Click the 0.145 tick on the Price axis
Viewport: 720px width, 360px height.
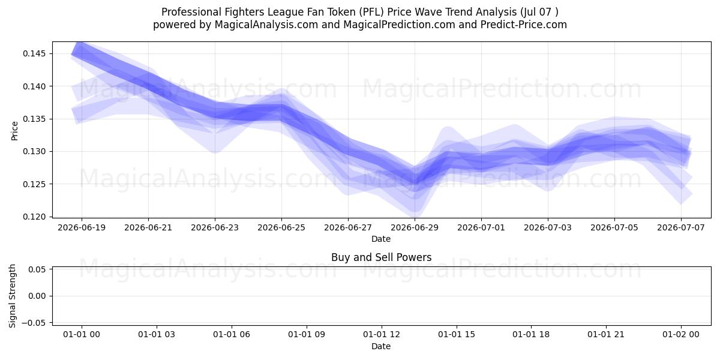pyautogui.click(x=35, y=53)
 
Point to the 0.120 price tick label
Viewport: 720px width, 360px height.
pyautogui.click(x=35, y=217)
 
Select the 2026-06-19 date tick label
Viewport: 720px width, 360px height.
pyautogui.click(x=82, y=228)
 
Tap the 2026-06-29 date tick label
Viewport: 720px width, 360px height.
pyautogui.click(x=415, y=228)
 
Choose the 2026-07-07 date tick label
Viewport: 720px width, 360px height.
pyautogui.click(x=681, y=228)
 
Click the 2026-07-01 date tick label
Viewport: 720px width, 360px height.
pyautogui.click(x=481, y=228)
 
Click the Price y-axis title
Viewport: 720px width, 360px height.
pyautogui.click(x=14, y=131)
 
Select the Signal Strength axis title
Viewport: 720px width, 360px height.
pyautogui.click(x=12, y=296)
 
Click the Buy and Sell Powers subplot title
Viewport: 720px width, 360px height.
pyautogui.click(x=381, y=257)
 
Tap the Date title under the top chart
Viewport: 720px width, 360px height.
pyautogui.click(x=381, y=239)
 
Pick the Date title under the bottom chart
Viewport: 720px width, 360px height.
pyautogui.click(x=381, y=347)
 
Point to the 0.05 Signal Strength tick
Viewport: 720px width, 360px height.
pyautogui.click(x=38, y=269)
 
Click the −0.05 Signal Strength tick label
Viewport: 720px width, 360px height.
pyautogui.click(x=34, y=323)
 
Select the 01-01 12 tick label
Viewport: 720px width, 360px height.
pyautogui.click(x=382, y=335)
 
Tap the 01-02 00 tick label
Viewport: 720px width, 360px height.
pyautogui.click(x=681, y=335)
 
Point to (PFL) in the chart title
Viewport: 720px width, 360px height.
pyautogui.click(x=371, y=12)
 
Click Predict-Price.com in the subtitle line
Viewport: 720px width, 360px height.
pyautogui.click(x=524, y=25)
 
